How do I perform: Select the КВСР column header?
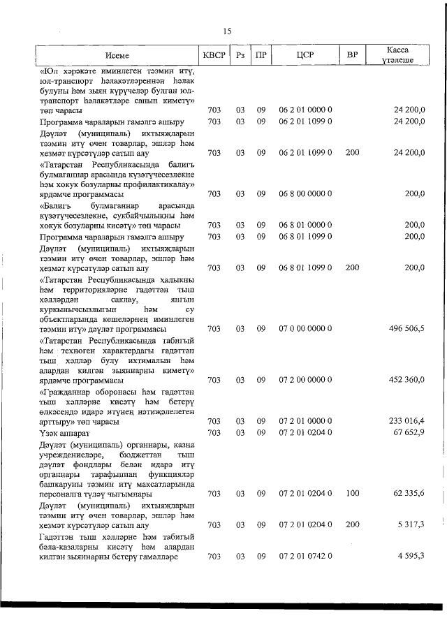[x=214, y=54]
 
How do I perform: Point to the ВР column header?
[x=352, y=54]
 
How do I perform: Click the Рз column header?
[x=240, y=54]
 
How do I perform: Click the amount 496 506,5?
[x=406, y=329]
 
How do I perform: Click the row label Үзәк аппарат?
[x=65, y=433]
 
